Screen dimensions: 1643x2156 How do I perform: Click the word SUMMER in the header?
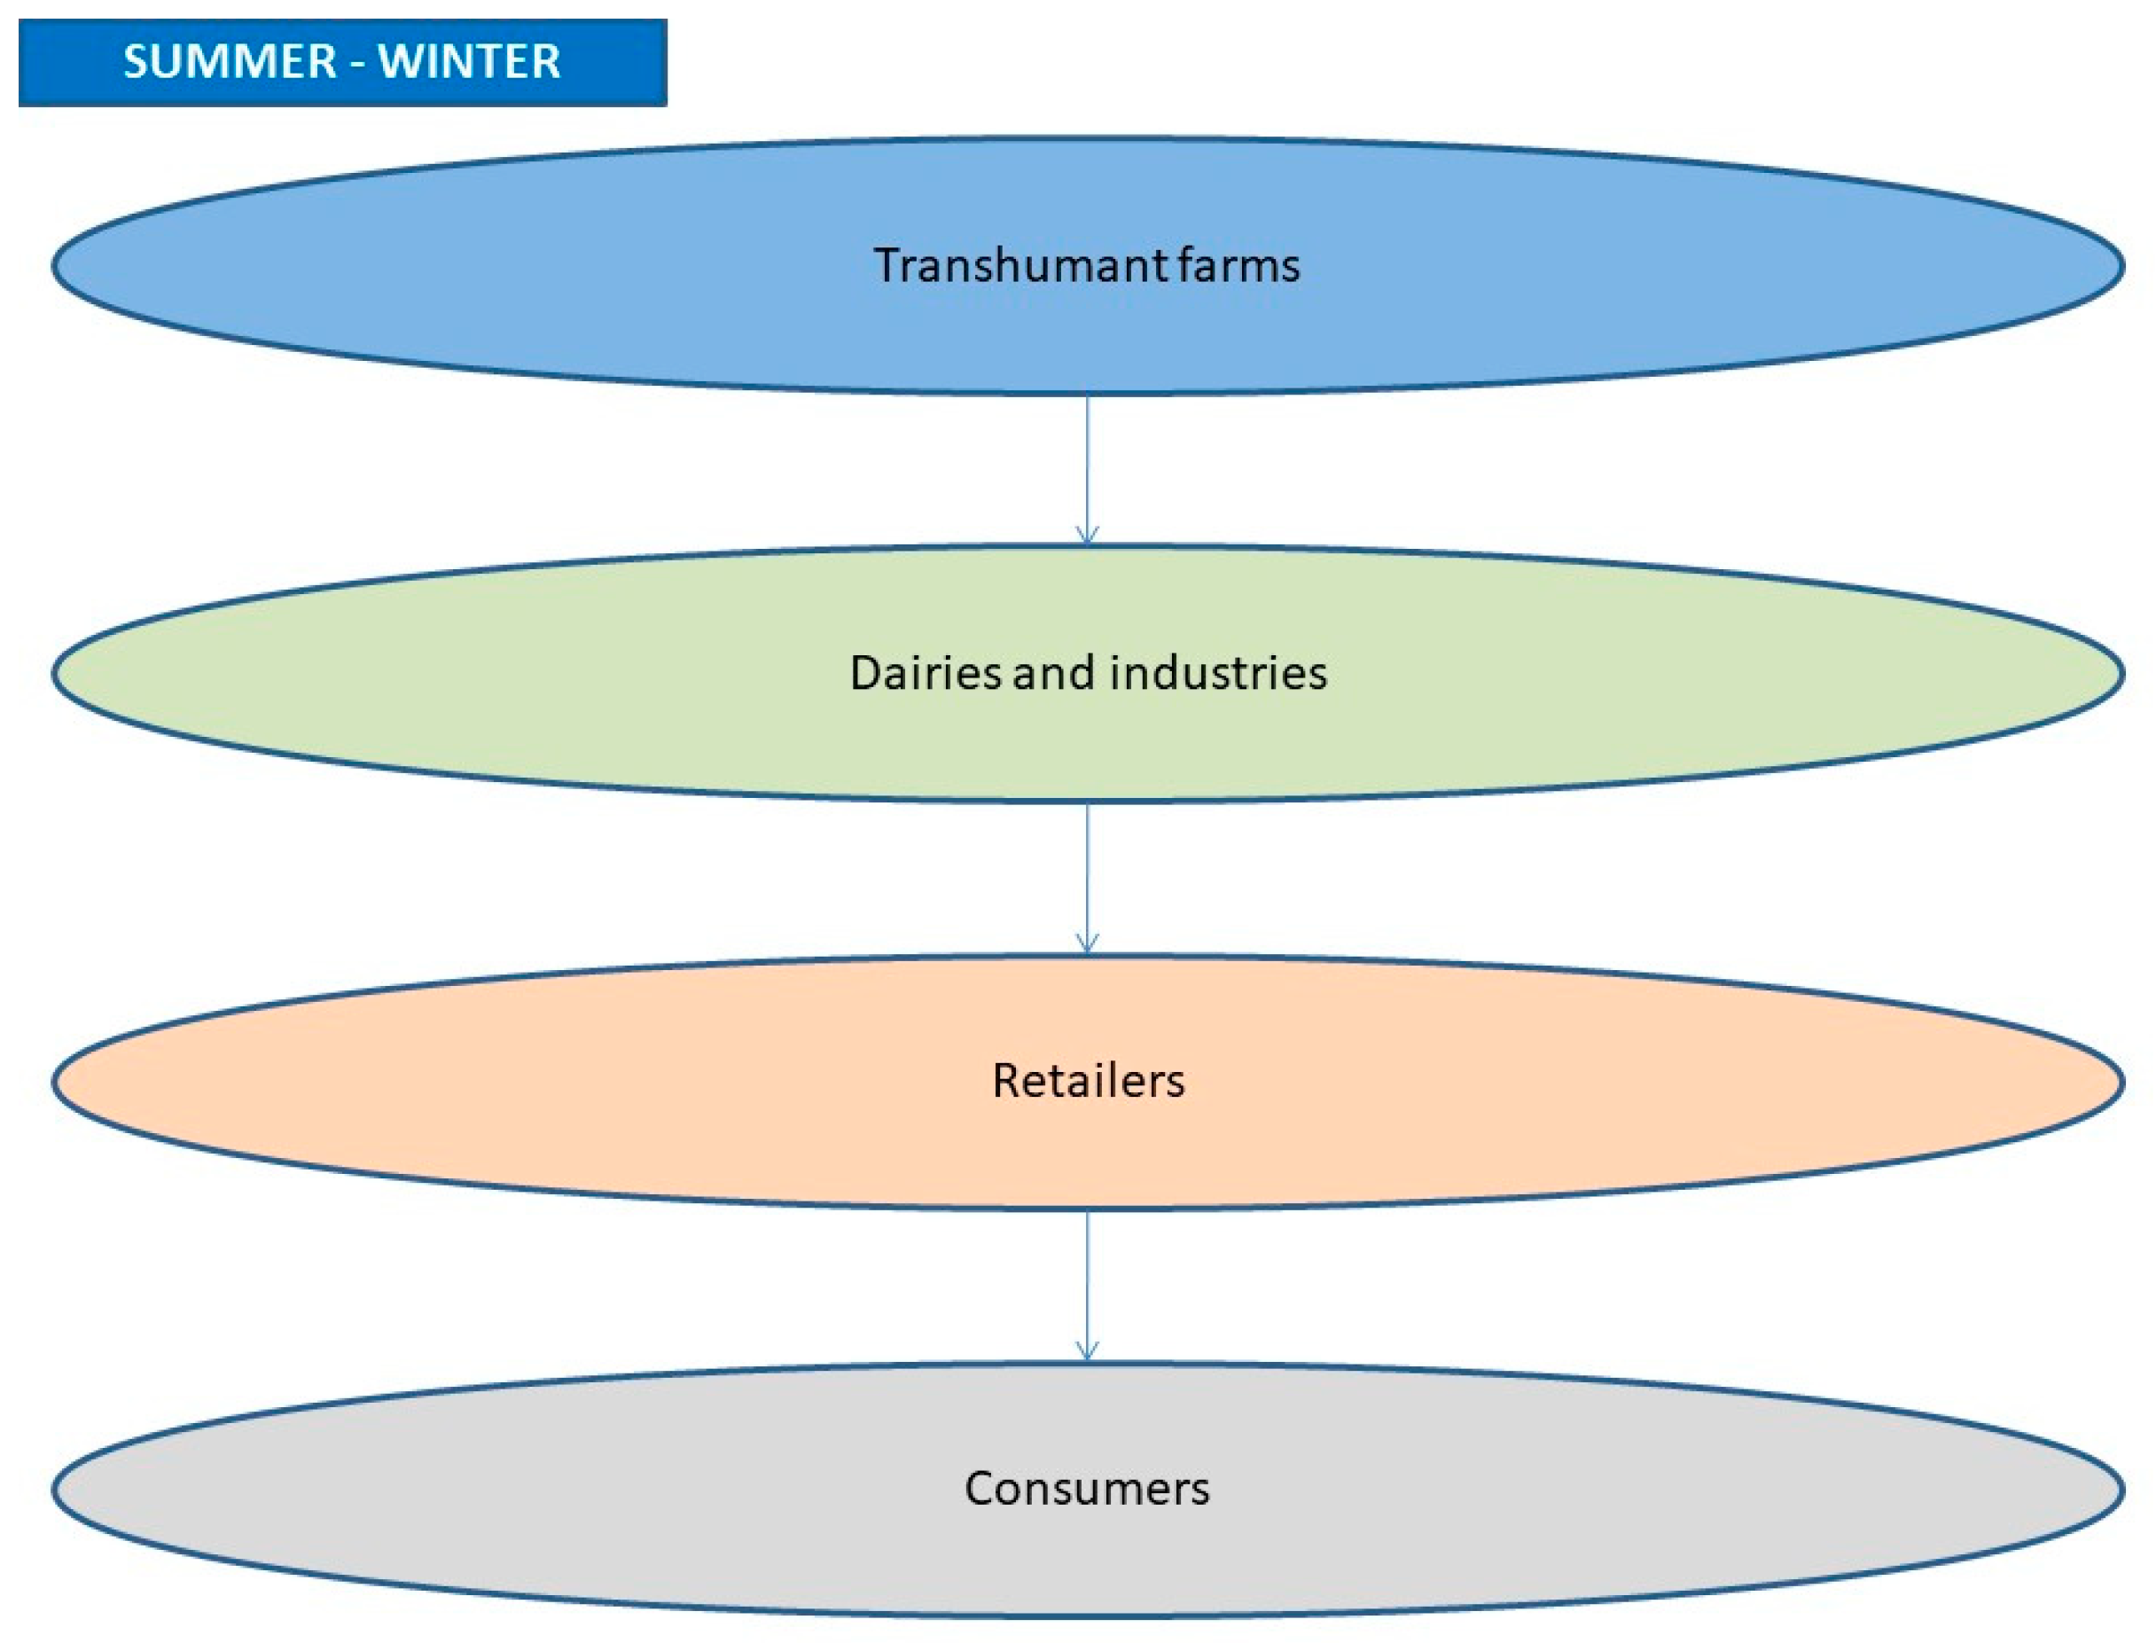pyautogui.click(x=230, y=61)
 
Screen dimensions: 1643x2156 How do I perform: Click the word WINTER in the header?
pyautogui.click(x=469, y=61)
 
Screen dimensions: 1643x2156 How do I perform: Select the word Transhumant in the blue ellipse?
pyautogui.click(x=1019, y=266)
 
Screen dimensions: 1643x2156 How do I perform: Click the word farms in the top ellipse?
pyautogui.click(x=1238, y=266)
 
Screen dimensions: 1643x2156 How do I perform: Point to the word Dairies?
pyautogui.click(x=925, y=673)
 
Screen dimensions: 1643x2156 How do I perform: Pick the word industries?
pyautogui.click(x=1217, y=673)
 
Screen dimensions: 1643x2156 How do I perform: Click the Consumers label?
pyautogui.click(x=1086, y=1489)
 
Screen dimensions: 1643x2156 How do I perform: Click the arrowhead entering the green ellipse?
pyautogui.click(x=1086, y=536)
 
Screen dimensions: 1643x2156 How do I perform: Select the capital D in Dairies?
pyautogui.click(x=864, y=673)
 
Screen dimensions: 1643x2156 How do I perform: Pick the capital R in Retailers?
pyautogui.click(x=1005, y=1081)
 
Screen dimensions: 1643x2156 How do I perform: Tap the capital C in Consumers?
pyautogui.click(x=980, y=1489)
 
